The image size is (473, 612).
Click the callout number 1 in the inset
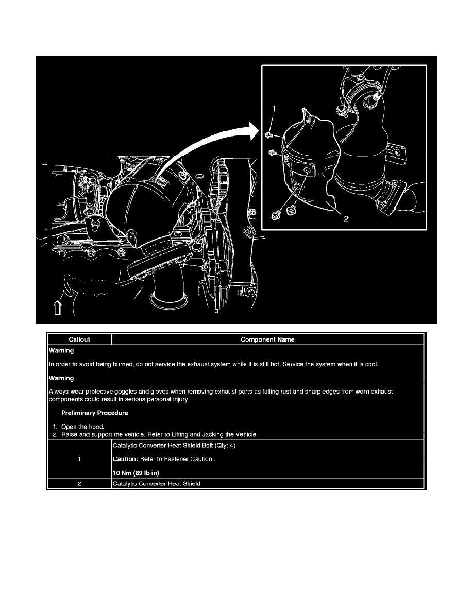tap(274, 109)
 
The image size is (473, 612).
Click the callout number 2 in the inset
tap(346, 218)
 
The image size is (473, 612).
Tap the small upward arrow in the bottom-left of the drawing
tap(57, 308)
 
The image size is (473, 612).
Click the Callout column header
tap(79, 339)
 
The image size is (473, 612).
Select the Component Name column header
tap(267, 339)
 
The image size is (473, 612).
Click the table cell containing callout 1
tap(79, 460)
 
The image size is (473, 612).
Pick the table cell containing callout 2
tap(79, 484)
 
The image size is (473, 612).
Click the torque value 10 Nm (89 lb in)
tap(136, 473)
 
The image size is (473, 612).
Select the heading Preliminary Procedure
tap(95, 413)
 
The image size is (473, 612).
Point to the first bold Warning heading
tap(61, 351)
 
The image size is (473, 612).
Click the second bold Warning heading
tap(61, 378)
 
